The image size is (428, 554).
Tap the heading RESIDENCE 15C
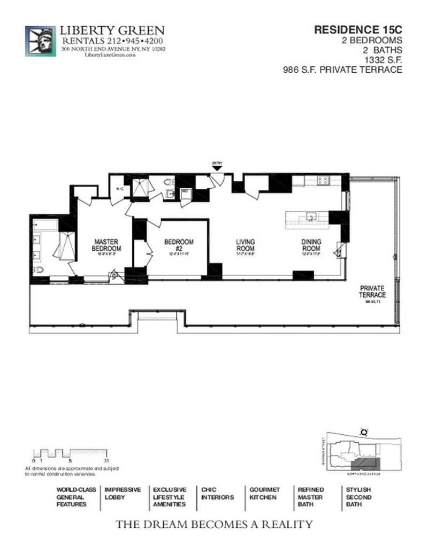coord(358,30)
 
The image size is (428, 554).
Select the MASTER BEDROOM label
coord(106,245)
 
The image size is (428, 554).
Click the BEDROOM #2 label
coord(179,245)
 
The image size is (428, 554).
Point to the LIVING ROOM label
coord(246,245)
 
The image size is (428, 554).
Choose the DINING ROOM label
coord(311,245)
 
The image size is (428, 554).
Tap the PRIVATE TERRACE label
coord(372,292)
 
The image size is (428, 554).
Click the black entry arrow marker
coord(217,168)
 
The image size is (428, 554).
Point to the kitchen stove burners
coord(323,181)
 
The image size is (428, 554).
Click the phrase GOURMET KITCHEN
coord(264,494)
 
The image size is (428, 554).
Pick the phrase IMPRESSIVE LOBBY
coord(123,494)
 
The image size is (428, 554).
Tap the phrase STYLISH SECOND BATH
coord(358,497)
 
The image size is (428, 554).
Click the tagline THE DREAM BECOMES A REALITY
coord(214,525)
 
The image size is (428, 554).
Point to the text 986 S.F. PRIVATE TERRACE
coord(342,70)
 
